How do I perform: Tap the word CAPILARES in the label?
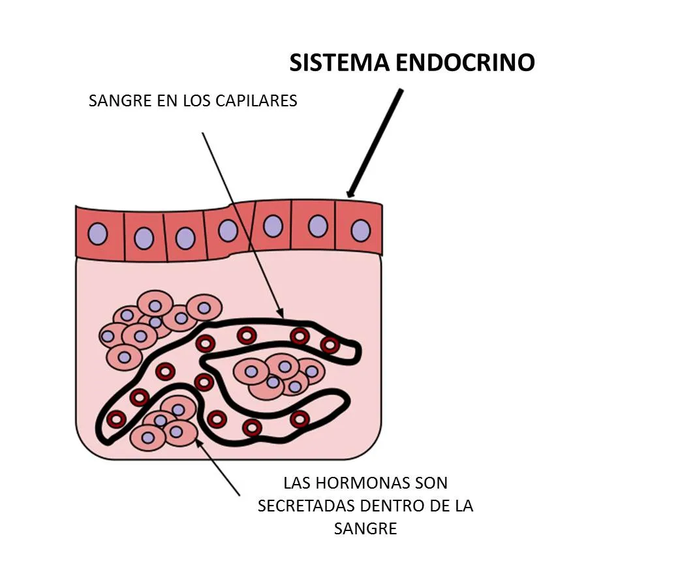click(x=256, y=100)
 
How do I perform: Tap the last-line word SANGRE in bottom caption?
click(x=365, y=528)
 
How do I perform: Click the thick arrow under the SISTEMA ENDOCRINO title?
click(x=375, y=143)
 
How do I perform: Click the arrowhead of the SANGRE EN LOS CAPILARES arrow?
click(x=281, y=313)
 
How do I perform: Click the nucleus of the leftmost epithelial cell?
click(x=98, y=234)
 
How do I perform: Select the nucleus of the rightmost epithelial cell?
click(x=361, y=230)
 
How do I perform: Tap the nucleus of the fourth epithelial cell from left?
click(x=228, y=230)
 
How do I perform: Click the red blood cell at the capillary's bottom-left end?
click(x=116, y=418)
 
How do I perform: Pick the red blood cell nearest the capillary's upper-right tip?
click(x=330, y=345)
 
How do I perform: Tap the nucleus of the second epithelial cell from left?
click(x=144, y=238)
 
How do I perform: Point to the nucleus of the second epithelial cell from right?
click(x=318, y=226)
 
